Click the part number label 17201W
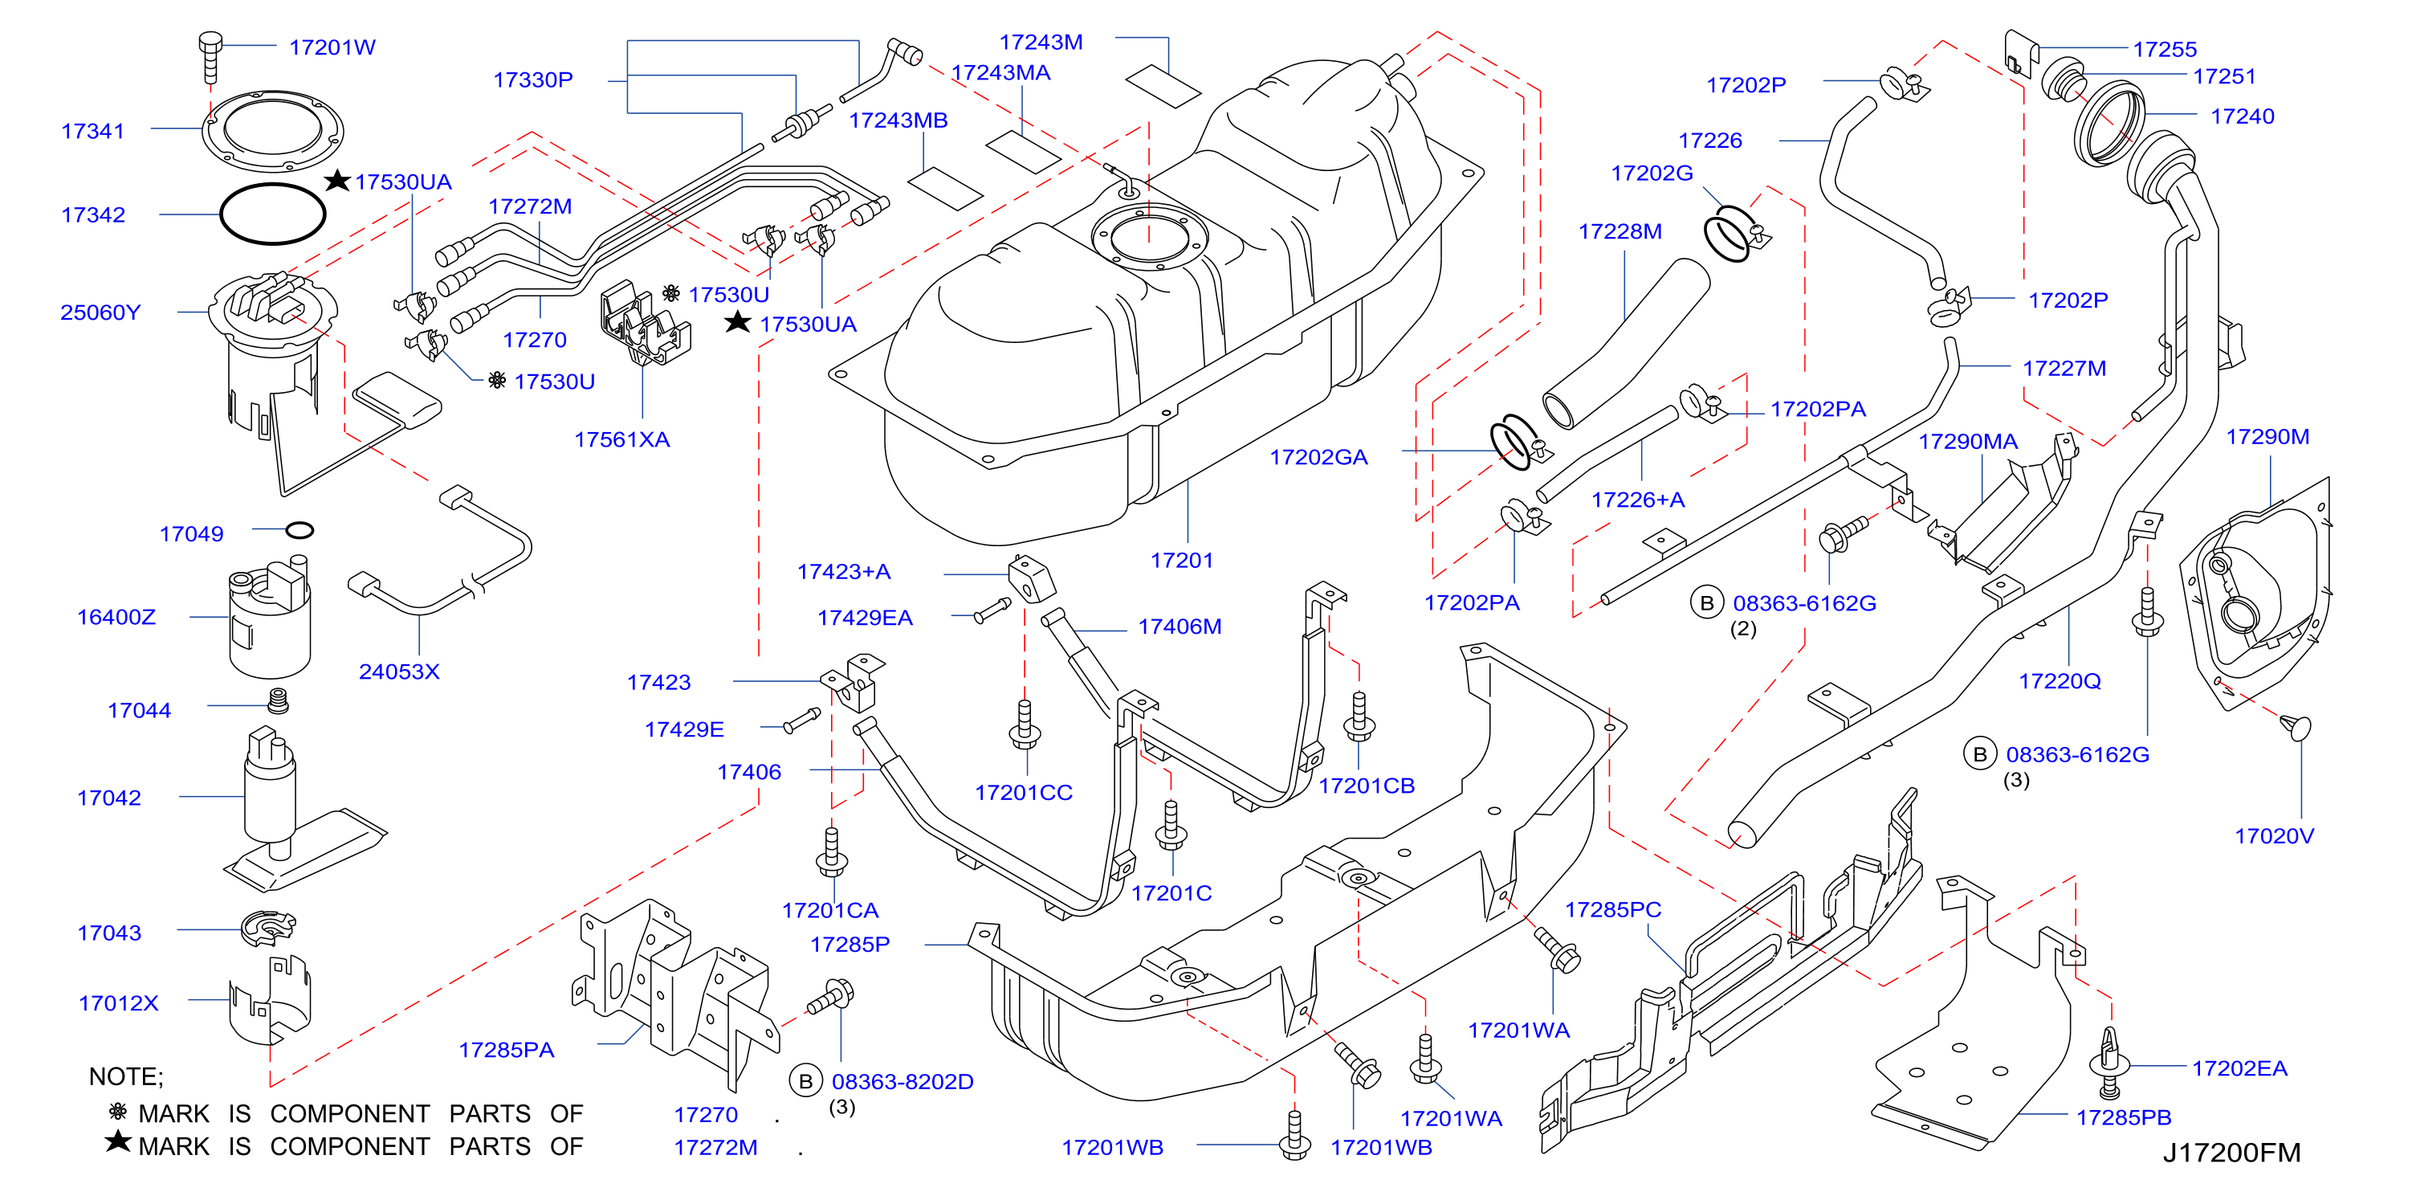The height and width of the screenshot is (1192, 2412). pos(332,47)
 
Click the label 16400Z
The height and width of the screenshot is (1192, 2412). pos(116,617)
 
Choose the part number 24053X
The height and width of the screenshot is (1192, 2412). pos(399,672)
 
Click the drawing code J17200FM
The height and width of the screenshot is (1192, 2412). pos(2231,1153)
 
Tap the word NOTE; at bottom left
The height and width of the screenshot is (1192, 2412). pos(125,1077)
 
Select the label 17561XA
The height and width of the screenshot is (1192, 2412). pos(621,440)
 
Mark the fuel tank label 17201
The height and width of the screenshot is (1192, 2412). pos(1182,561)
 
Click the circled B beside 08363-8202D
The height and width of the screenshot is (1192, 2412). pos(805,1081)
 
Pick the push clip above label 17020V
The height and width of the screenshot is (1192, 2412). pos(2297,728)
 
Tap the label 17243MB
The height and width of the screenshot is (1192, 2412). pos(898,120)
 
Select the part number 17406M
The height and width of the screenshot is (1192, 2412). pos(1180,627)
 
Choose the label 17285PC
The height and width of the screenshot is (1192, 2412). pos(1612,910)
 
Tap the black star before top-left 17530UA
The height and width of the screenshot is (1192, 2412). pos(337,180)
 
